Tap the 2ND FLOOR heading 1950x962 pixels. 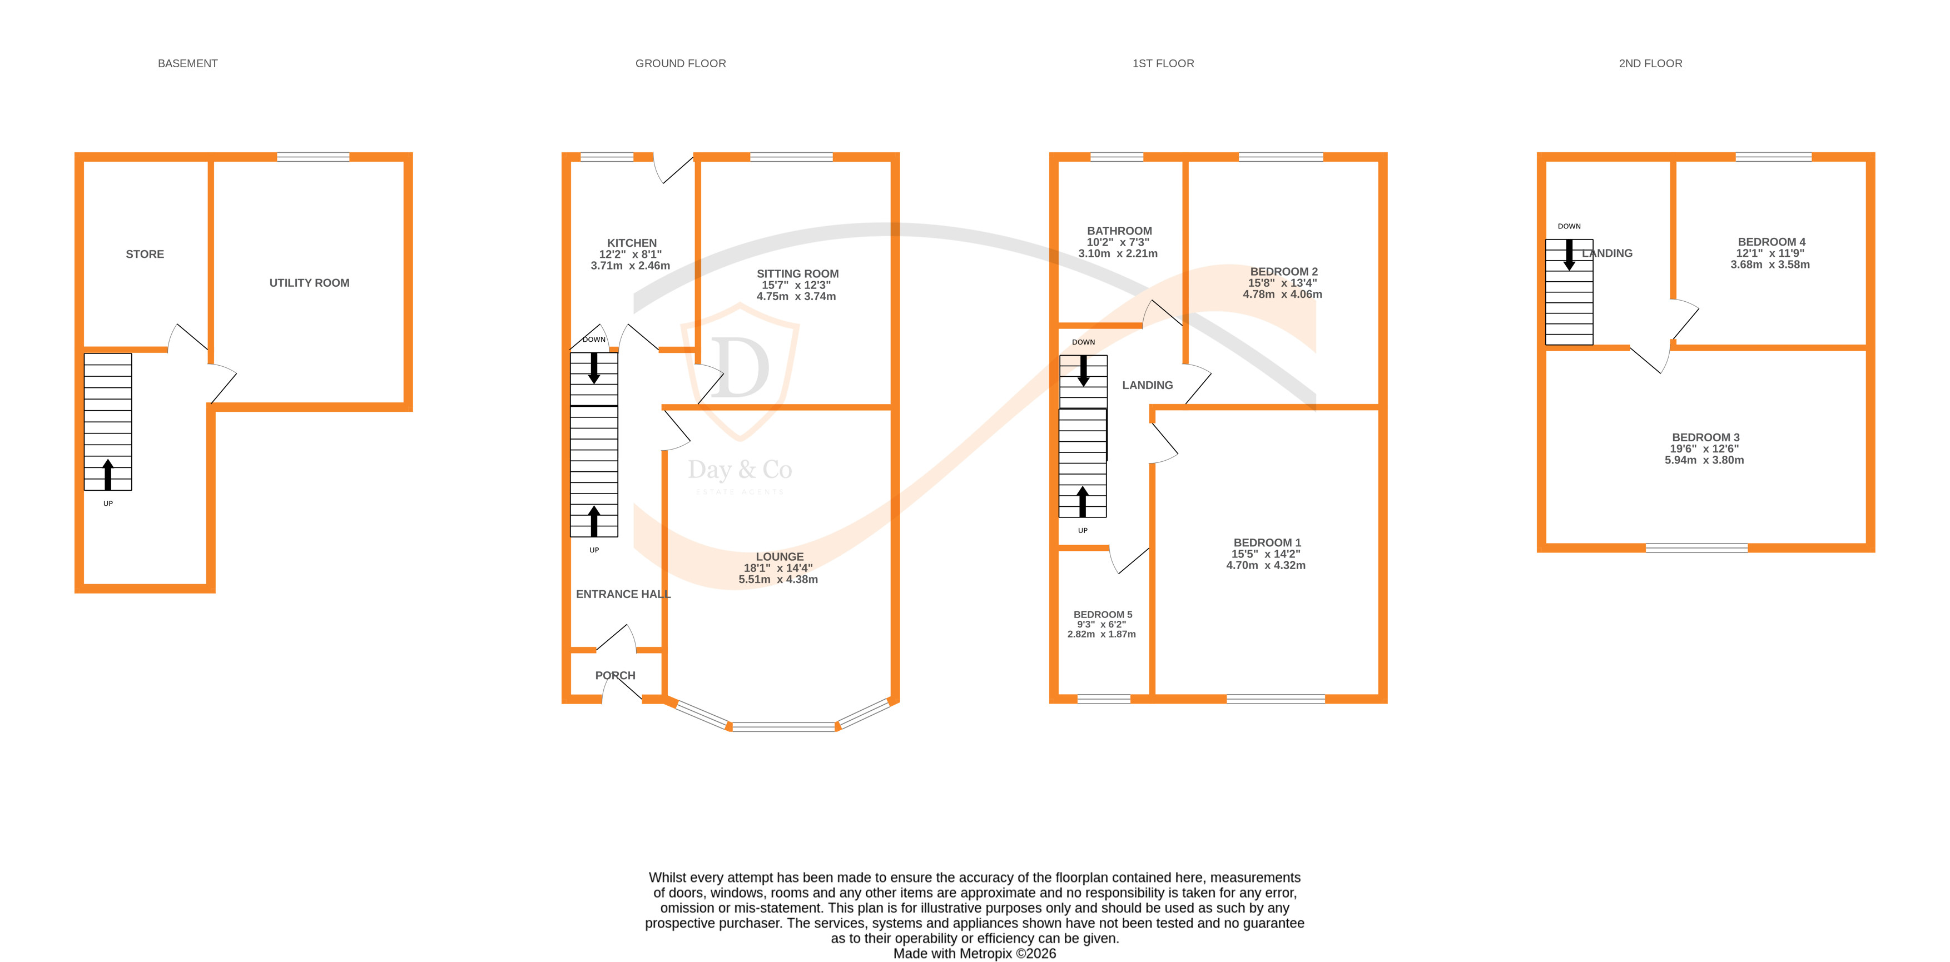coord(1650,63)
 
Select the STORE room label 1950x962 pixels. coord(145,255)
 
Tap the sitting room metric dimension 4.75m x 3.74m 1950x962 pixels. coord(796,297)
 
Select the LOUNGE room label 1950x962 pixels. coord(779,556)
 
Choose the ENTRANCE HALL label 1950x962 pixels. coord(622,594)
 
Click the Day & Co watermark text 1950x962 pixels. coord(739,470)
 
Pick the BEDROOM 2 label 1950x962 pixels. coord(1283,272)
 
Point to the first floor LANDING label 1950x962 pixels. coord(1147,385)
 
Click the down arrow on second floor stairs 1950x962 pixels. coord(1569,255)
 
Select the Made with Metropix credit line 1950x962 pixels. coord(974,954)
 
